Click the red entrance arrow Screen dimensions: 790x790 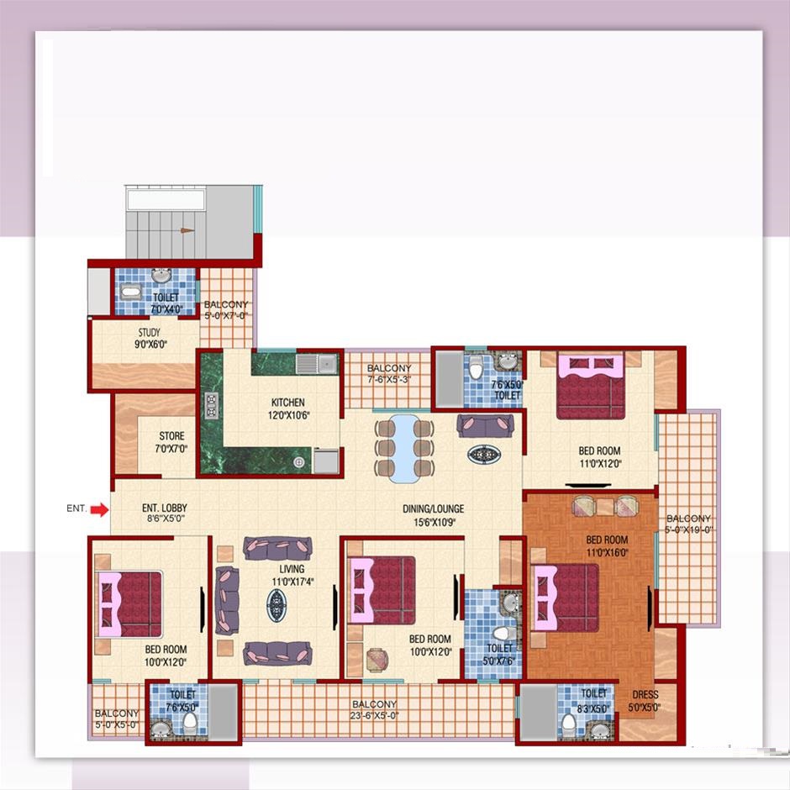point(100,510)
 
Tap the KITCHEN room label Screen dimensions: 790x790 point(287,403)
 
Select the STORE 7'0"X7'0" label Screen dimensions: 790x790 point(171,442)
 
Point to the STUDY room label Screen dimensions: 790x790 point(149,333)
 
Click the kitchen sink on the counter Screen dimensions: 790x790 point(316,364)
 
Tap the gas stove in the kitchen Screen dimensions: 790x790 point(211,406)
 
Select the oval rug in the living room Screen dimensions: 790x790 point(276,605)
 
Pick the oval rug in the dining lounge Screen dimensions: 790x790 point(484,455)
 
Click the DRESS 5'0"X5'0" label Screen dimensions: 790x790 point(645,701)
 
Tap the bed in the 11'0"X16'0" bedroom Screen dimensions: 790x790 point(566,598)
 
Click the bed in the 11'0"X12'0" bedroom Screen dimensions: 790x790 point(591,386)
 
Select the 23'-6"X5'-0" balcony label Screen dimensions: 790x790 point(374,710)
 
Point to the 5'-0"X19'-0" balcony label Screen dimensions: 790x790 point(688,524)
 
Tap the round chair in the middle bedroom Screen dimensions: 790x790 point(377,660)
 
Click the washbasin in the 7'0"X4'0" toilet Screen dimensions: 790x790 point(161,276)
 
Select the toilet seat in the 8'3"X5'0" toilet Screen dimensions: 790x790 point(569,722)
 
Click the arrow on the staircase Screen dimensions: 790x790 point(187,231)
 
